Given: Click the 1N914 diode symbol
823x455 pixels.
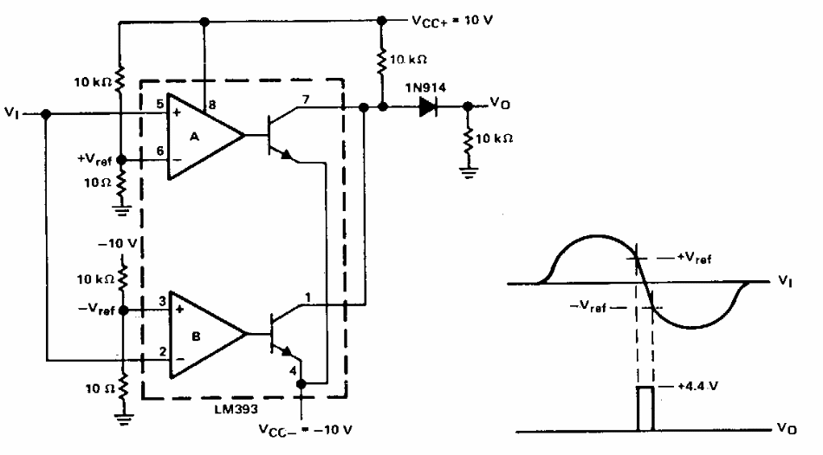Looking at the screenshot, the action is tap(428, 107).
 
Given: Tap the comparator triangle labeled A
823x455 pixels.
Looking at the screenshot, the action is tap(204, 137).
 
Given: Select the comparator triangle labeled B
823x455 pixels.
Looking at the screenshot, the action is tap(207, 335).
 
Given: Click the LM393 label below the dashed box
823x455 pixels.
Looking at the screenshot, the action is tap(236, 408).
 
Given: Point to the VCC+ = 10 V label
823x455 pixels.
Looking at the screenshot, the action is tap(452, 21).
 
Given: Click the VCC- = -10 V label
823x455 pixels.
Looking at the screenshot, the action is tap(305, 430).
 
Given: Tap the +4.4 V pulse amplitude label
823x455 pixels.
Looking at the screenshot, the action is tap(697, 387).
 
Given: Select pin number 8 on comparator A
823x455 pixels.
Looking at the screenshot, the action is tap(212, 105).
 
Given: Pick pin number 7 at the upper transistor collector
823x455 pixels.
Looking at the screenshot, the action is tap(306, 99).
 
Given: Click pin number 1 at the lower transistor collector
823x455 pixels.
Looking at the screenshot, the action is tap(308, 298).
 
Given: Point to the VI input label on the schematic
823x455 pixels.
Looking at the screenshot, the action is tap(11, 112).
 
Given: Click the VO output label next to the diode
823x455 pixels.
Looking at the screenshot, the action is tap(500, 103).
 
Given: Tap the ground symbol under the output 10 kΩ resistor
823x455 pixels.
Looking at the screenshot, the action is tap(468, 172).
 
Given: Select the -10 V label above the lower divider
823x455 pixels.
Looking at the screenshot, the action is tap(118, 243).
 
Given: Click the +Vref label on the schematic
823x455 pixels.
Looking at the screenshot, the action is tap(94, 159).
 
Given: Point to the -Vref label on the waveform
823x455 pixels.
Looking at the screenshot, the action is tap(588, 306).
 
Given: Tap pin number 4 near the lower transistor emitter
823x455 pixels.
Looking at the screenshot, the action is tap(293, 371).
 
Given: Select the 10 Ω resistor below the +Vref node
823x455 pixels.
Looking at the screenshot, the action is tap(122, 183).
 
